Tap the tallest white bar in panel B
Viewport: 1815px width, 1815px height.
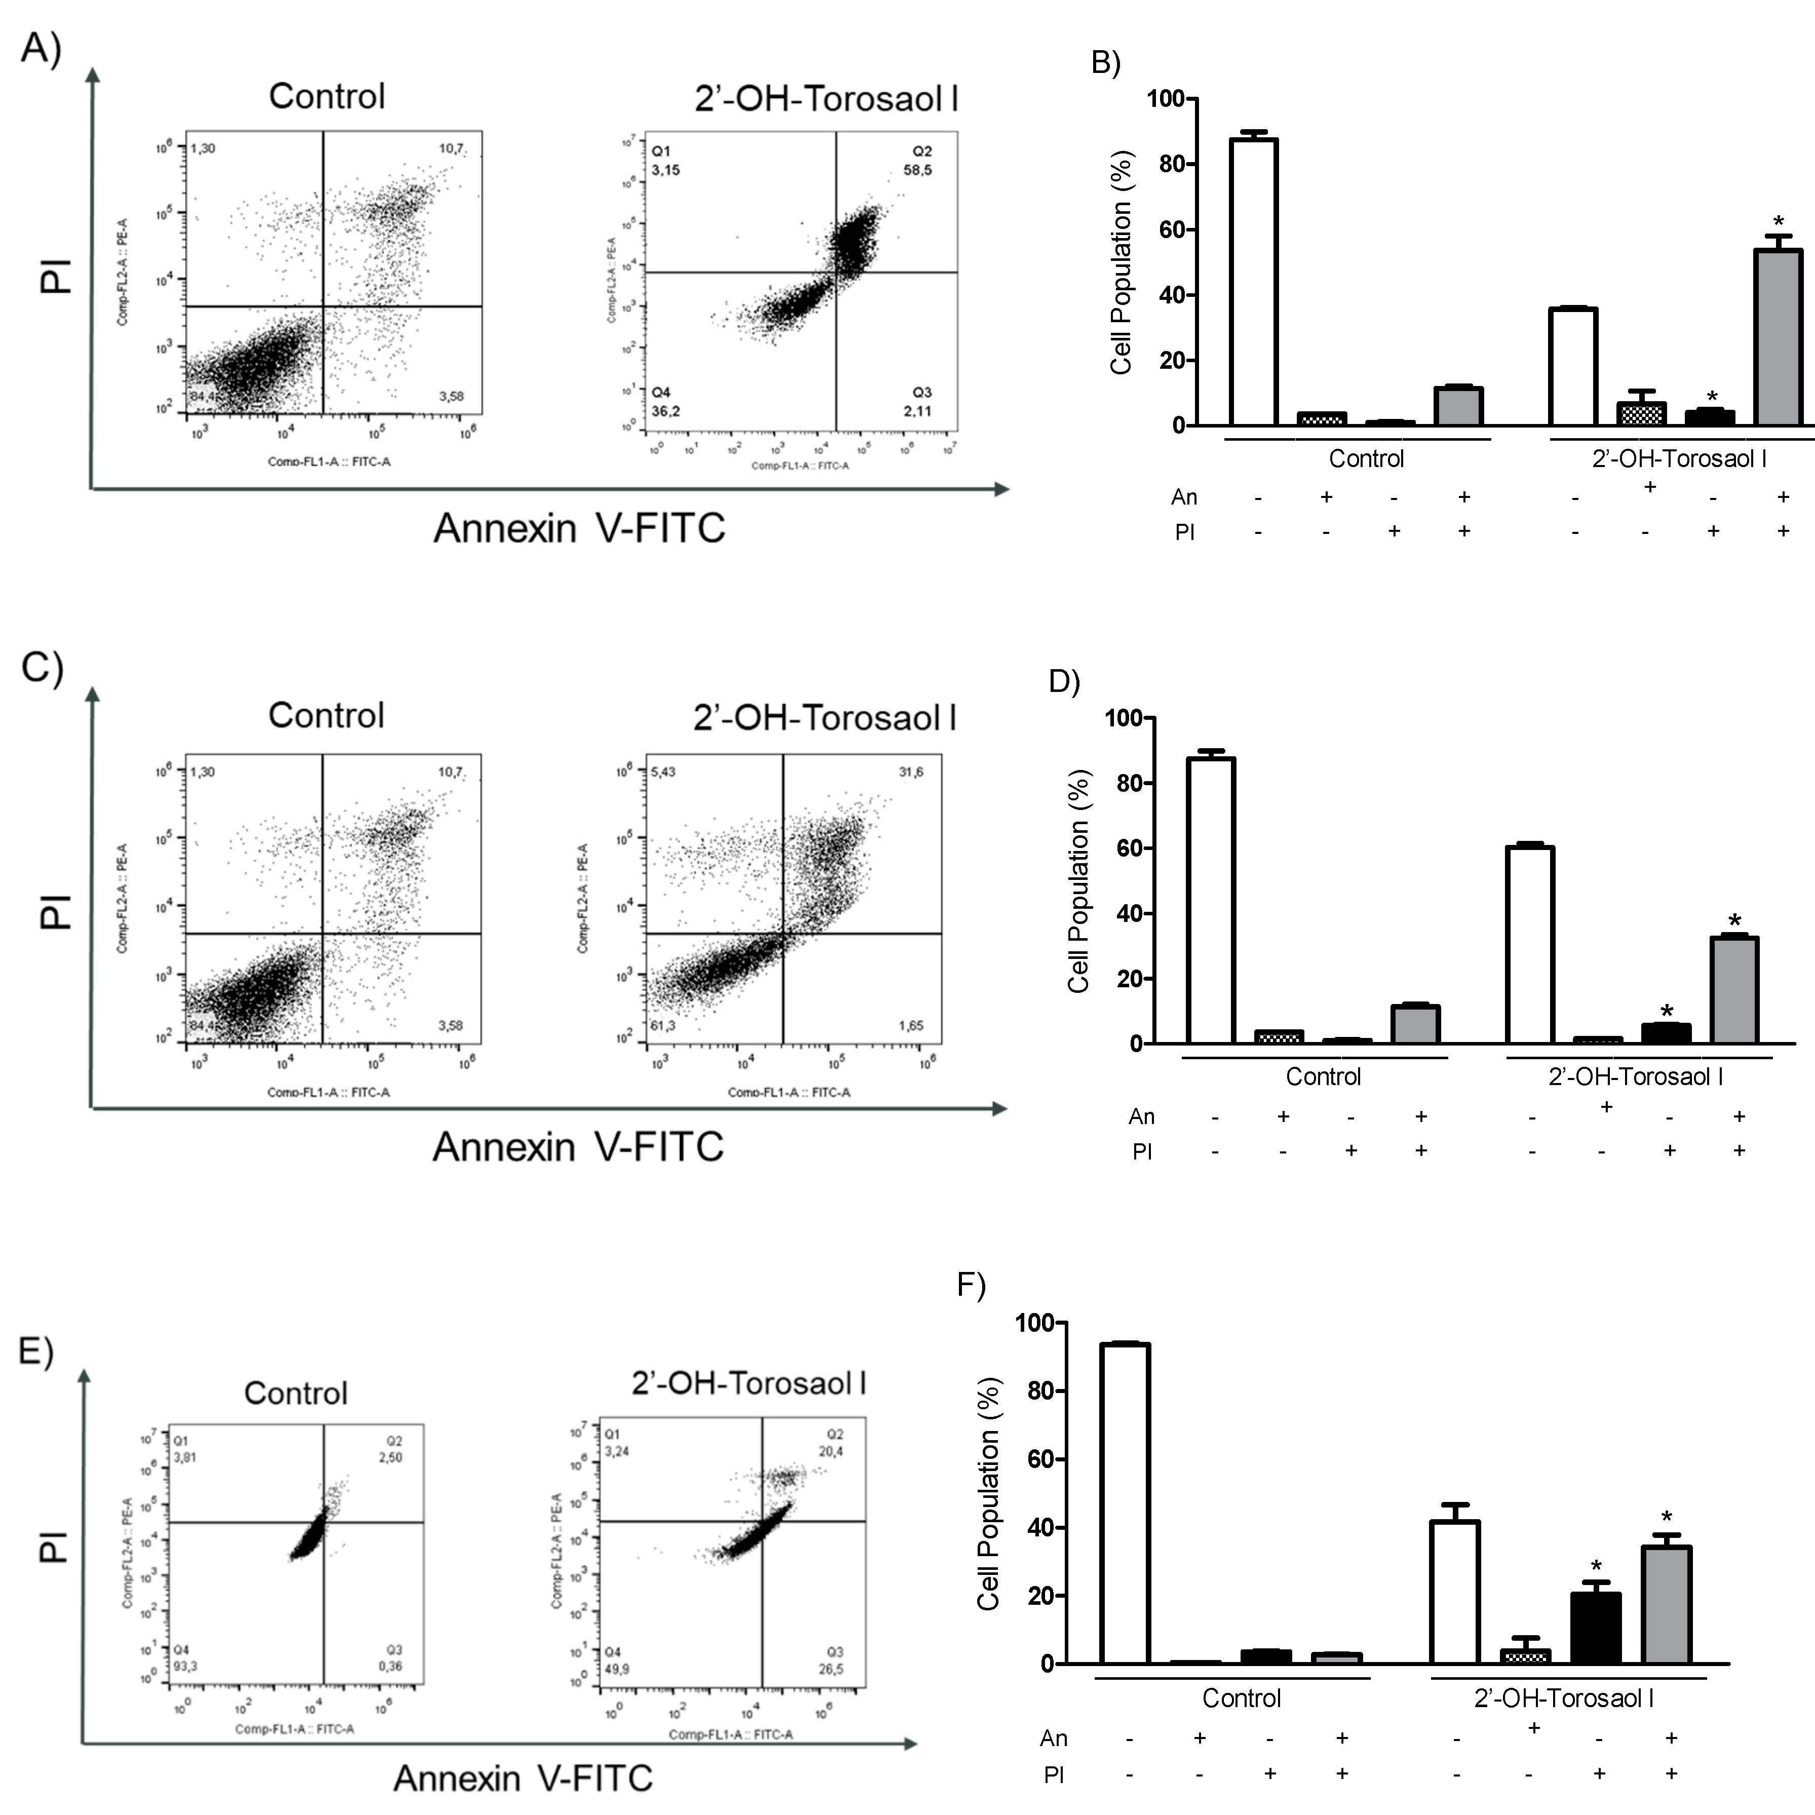click(x=1253, y=282)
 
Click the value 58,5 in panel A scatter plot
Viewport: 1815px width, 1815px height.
click(x=917, y=170)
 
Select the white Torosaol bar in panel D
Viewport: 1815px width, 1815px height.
click(x=1529, y=944)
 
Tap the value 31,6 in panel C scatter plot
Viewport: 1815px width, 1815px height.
click(x=910, y=772)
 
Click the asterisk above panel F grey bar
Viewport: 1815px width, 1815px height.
click(x=1667, y=1517)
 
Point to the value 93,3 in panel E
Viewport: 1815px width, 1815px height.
click(x=185, y=1666)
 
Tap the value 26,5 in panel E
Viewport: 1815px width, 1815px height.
click(x=831, y=1669)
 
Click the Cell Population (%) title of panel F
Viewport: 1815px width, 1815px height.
click(x=988, y=1494)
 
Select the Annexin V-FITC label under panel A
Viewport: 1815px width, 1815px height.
click(x=578, y=528)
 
